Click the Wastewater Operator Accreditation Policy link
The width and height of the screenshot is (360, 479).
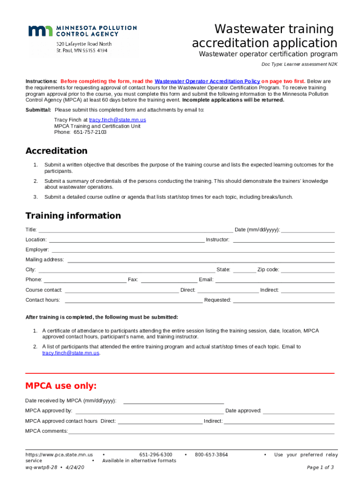(x=207, y=81)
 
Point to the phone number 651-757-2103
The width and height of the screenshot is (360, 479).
(x=90, y=132)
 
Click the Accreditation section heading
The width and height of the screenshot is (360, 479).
(x=56, y=151)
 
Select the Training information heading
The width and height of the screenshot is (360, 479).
(x=73, y=216)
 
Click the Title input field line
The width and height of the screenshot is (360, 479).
(x=136, y=230)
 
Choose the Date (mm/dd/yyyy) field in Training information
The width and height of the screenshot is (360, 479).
(x=308, y=230)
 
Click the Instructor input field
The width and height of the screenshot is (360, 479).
(x=283, y=240)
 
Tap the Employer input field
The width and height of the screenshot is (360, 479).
(x=193, y=250)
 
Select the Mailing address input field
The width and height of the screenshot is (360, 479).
(x=201, y=260)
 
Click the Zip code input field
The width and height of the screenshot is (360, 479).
(x=308, y=270)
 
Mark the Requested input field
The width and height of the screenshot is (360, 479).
(x=283, y=300)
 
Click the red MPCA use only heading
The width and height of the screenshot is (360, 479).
(x=61, y=386)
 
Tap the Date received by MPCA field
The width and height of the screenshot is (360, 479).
(x=173, y=401)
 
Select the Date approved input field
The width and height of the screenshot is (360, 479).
(x=299, y=412)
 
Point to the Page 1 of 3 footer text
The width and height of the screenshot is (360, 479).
(x=320, y=467)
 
